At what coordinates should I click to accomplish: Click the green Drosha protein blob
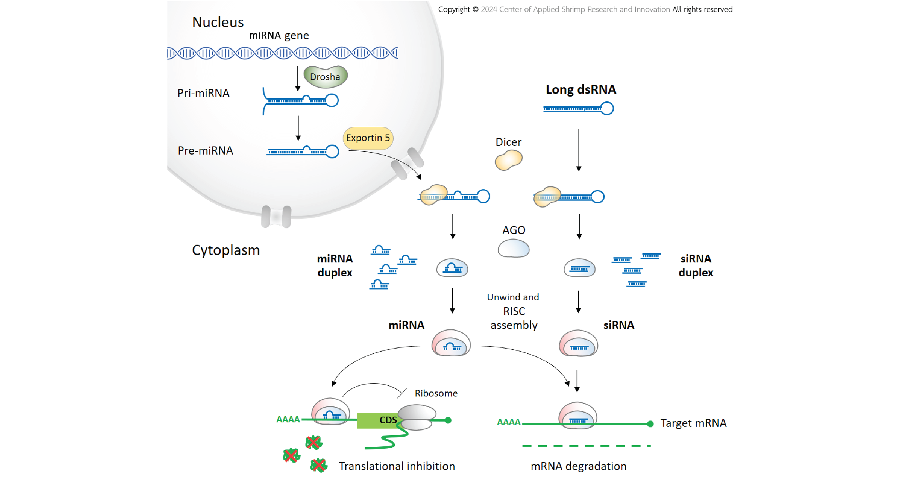click(x=325, y=77)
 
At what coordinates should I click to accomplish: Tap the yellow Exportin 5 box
click(x=368, y=138)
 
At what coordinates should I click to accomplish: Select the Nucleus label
click(x=218, y=22)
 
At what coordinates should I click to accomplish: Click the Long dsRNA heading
click(x=581, y=90)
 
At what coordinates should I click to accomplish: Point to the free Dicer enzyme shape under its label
click(x=509, y=160)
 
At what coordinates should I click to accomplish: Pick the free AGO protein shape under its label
click(x=514, y=248)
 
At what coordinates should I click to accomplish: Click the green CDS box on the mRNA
click(x=377, y=420)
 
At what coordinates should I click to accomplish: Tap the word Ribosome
click(x=436, y=393)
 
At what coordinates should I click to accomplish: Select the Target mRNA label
click(x=693, y=423)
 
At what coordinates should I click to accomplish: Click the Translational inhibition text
click(x=397, y=466)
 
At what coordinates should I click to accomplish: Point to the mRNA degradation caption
click(x=578, y=466)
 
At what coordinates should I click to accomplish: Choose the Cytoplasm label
click(x=226, y=250)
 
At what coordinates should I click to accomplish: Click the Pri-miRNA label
click(x=203, y=93)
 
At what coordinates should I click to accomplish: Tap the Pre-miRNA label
click(x=205, y=151)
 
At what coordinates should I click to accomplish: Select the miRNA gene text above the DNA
click(x=279, y=36)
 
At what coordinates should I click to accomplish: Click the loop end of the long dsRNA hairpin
click(x=607, y=108)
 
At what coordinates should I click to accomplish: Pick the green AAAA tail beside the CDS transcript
click(x=288, y=419)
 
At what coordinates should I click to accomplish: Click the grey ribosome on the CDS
click(x=416, y=417)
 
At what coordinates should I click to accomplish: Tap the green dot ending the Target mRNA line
click(x=650, y=424)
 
